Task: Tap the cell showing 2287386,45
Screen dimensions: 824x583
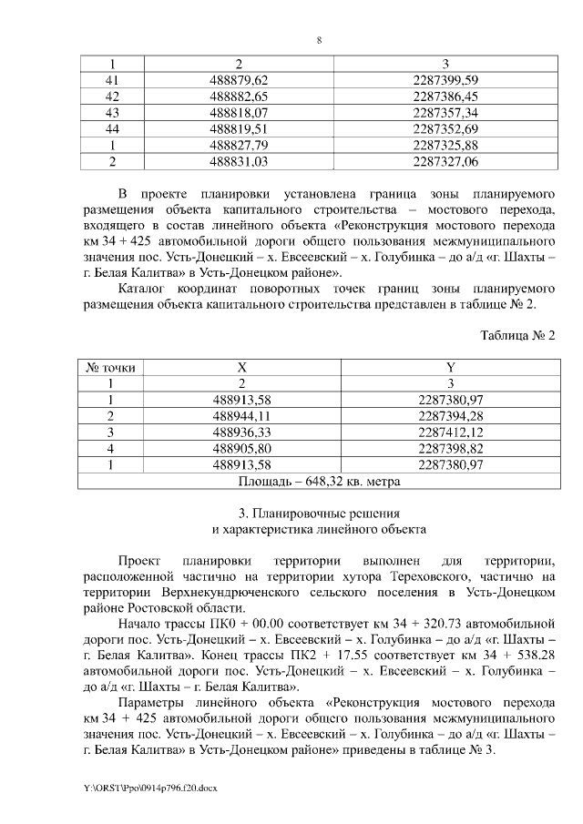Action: coord(445,97)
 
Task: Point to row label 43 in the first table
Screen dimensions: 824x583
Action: coord(113,113)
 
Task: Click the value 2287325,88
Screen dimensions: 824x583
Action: coord(445,146)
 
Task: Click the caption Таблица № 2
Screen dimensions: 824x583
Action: coord(517,335)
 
